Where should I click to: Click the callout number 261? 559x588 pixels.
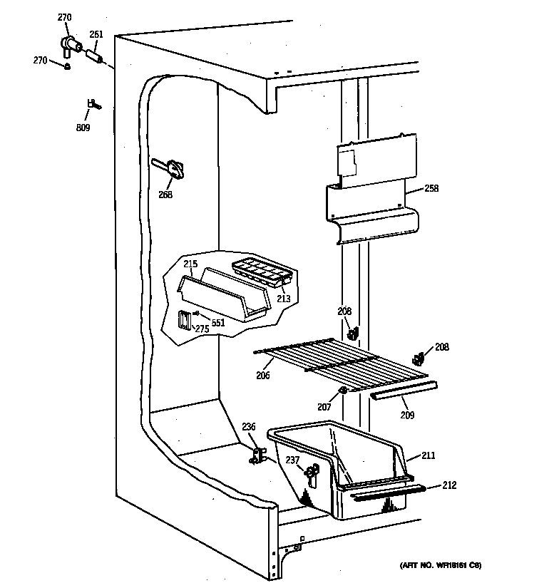coord(96,33)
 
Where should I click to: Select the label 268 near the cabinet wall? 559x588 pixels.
coord(165,195)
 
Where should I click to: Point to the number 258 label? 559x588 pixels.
coord(431,189)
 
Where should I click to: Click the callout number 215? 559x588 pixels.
coord(190,264)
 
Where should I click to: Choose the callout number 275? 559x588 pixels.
coord(202,329)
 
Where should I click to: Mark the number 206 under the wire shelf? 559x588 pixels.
coord(263,375)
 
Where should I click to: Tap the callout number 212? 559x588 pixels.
coord(448,485)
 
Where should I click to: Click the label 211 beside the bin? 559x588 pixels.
coord(428,455)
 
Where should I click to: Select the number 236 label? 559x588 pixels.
coord(247,427)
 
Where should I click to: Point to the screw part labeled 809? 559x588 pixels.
coord(93,105)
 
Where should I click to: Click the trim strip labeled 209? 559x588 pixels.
coord(403,390)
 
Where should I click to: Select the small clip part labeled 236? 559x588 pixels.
coord(257,455)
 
